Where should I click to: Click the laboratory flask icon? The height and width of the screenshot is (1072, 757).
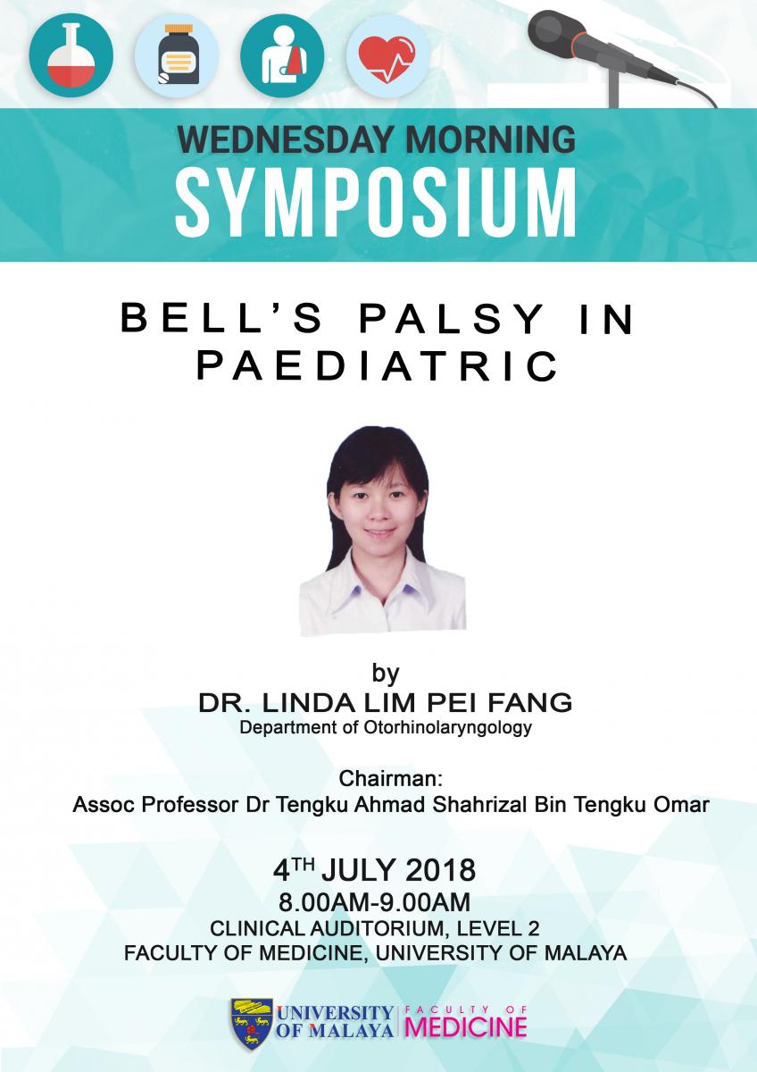71,55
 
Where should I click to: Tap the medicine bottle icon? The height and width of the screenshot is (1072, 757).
177,55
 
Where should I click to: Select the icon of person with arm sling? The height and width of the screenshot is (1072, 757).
282,55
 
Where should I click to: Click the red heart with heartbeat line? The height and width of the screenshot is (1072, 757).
387,56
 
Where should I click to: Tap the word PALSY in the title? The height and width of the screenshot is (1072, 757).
451,319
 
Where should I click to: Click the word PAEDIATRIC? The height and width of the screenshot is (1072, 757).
378,365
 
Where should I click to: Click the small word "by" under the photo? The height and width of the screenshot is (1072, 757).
386,673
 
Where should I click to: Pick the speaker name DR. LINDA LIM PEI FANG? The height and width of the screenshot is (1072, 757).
386,702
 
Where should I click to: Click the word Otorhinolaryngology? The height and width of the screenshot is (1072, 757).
447,728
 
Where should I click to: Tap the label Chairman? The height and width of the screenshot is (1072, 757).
391,779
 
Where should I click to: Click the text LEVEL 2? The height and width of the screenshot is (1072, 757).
498,928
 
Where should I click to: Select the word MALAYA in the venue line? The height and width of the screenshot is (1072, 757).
586,953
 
